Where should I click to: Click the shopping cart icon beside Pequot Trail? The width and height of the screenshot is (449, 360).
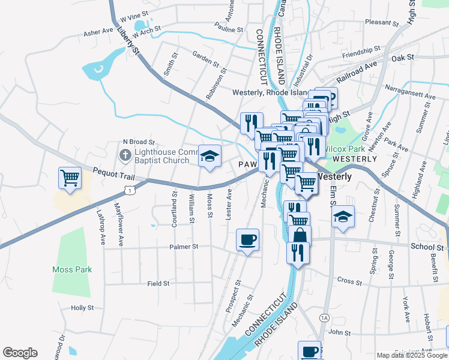click(70, 178)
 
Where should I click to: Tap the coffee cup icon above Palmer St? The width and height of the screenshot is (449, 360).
click(247, 240)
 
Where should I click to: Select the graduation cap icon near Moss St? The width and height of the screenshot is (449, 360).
click(209, 157)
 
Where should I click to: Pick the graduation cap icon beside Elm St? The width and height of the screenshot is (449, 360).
click(343, 217)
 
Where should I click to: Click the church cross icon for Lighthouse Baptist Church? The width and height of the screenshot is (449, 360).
click(125, 156)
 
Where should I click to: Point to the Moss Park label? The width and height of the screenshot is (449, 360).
click(72, 269)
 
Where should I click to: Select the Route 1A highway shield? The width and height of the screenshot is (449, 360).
click(325, 317)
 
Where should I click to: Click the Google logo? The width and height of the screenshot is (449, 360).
click(20, 353)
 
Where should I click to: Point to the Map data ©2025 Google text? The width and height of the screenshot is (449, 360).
click(411, 355)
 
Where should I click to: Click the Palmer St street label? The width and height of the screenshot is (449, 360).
click(184, 247)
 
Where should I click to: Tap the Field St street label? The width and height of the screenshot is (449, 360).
click(158, 283)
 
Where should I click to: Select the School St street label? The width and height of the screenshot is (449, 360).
click(427, 247)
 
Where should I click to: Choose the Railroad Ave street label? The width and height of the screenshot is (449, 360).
click(357, 71)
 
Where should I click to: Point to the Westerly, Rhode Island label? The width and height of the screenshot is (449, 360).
click(270, 92)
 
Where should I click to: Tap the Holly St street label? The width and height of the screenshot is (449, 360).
click(82, 307)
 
